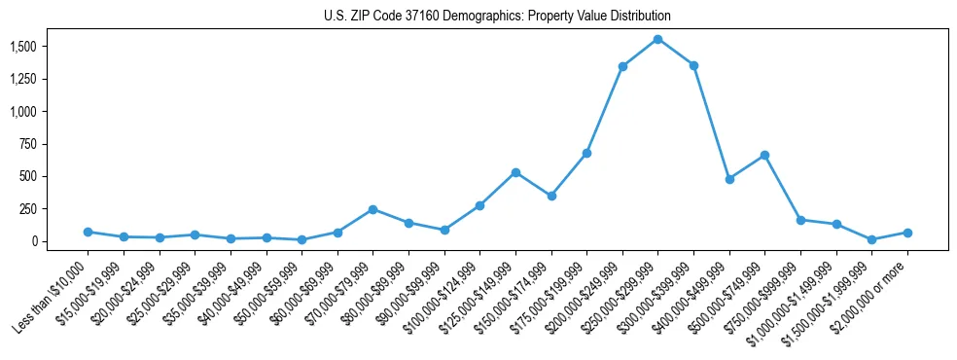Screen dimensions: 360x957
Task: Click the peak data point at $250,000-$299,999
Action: pyautogui.click(x=658, y=39)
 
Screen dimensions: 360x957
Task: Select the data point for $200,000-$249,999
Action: pyautogui.click(x=622, y=66)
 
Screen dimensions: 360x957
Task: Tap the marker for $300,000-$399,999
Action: pyautogui.click(x=693, y=65)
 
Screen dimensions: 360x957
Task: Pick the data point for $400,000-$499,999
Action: pyautogui.click(x=729, y=179)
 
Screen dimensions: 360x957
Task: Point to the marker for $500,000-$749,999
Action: pyautogui.click(x=765, y=155)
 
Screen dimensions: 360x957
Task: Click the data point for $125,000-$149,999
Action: pyautogui.click(x=515, y=172)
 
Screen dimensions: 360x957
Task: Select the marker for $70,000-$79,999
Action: pyautogui.click(x=372, y=209)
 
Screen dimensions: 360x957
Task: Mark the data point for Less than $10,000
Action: pyautogui.click(x=88, y=232)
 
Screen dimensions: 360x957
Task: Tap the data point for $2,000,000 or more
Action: pyautogui.click(x=907, y=233)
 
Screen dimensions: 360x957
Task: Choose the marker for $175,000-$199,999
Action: pyautogui.click(x=586, y=153)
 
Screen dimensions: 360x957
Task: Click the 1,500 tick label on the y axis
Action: pyautogui.click(x=24, y=47)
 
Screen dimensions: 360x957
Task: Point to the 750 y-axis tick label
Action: pyautogui.click(x=28, y=144)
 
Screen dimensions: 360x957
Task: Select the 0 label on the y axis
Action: pyautogui.click(x=34, y=241)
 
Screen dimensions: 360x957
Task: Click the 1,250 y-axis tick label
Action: pyautogui.click(x=24, y=79)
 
